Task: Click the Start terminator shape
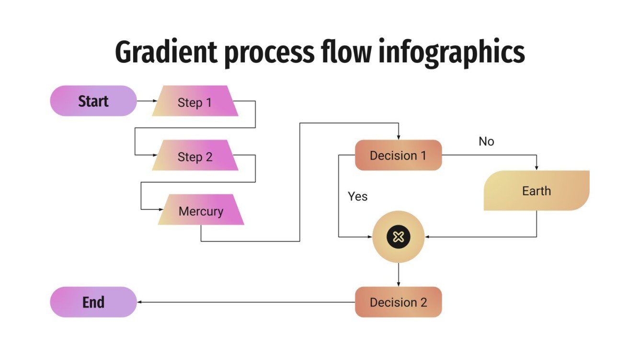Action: coord(93,101)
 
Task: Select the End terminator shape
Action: coord(93,302)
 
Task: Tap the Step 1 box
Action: coord(194,102)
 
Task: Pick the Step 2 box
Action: coord(194,157)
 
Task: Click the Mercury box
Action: coord(201,211)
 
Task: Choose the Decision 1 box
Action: coord(398,155)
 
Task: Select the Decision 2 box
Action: coord(398,302)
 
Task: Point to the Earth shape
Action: coord(536,191)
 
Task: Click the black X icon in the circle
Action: coord(398,236)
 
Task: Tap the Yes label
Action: coord(357,196)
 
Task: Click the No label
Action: coord(486,142)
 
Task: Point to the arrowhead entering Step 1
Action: coord(154,101)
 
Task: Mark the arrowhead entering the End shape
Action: coord(140,302)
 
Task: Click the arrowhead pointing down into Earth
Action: coord(536,168)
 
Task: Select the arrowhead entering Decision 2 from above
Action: coord(398,284)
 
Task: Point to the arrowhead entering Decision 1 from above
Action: coord(398,137)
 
